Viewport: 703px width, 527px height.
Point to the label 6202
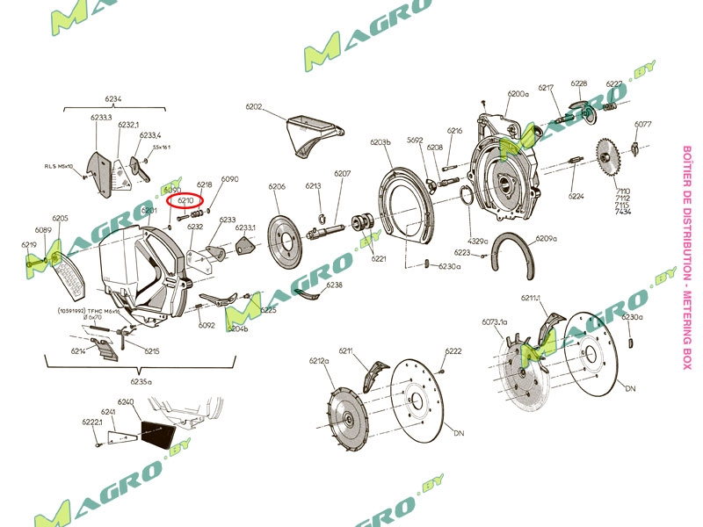coord(254,107)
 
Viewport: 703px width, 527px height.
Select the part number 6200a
coord(518,93)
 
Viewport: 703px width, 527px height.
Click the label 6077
coord(642,124)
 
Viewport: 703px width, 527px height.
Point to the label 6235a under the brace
coord(141,382)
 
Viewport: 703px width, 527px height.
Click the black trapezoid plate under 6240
coord(161,434)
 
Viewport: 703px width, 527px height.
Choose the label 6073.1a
coord(495,322)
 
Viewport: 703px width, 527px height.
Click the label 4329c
coord(477,240)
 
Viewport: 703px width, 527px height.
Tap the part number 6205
coord(60,218)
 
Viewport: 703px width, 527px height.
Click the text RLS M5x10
coord(61,164)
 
